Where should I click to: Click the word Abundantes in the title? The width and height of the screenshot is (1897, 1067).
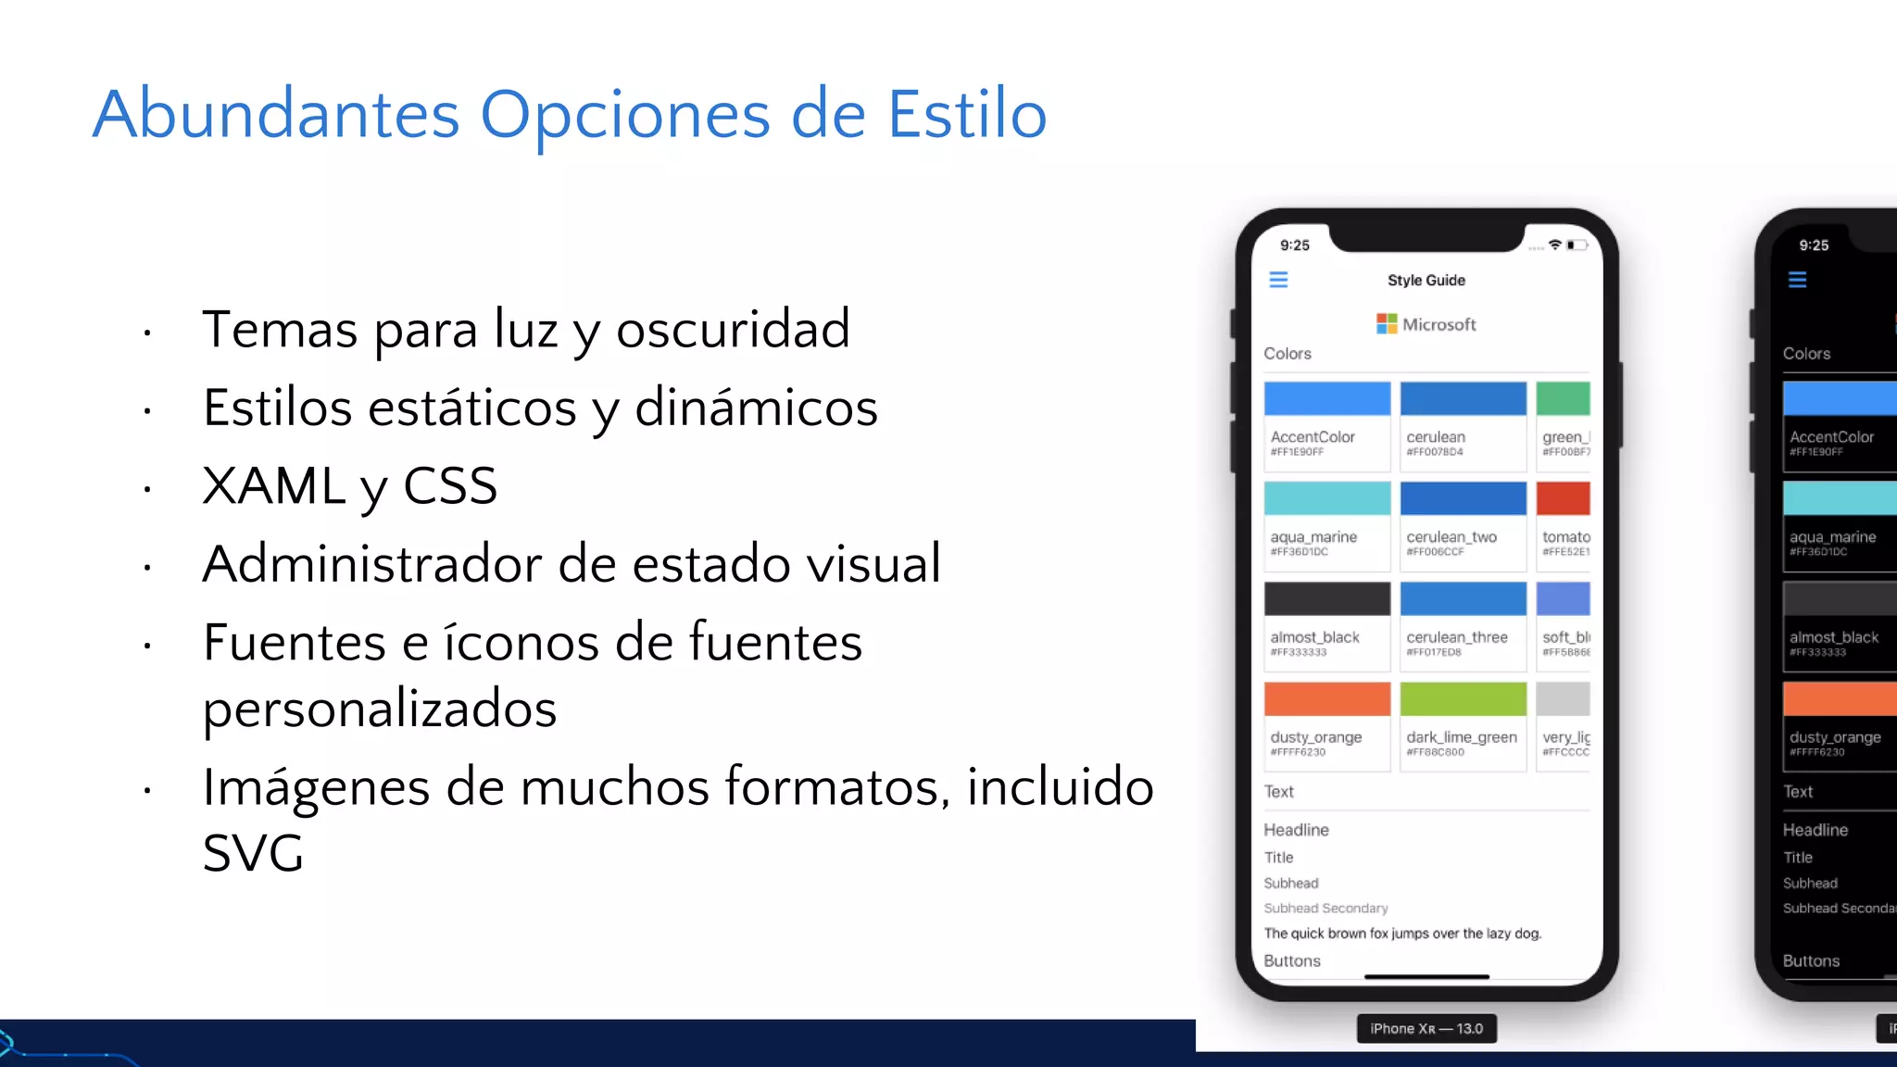tap(276, 115)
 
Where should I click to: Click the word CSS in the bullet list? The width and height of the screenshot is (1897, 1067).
tap(450, 485)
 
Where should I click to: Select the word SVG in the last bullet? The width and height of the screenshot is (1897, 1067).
tap(253, 853)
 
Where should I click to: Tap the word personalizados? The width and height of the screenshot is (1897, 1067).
tap(380, 709)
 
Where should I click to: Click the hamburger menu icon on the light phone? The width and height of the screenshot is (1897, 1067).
tap(1278, 280)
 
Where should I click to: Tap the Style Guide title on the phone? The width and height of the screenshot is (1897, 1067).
tap(1426, 281)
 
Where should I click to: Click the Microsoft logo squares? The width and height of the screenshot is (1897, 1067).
tap(1387, 323)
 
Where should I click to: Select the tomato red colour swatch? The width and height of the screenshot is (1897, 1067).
tap(1564, 498)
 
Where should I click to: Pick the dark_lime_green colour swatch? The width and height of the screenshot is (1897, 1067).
tap(1463, 699)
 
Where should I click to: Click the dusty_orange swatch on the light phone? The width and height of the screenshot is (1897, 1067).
tap(1326, 699)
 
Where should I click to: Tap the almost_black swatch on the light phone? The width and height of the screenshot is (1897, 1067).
tap(1326, 599)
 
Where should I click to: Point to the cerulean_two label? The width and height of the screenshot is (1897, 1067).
tap(1451, 537)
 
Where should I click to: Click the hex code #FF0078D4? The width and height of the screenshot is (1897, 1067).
tap(1435, 452)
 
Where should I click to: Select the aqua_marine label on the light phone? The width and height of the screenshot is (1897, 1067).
tap(1313, 537)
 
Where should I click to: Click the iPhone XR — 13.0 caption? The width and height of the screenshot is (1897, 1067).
tap(1426, 1029)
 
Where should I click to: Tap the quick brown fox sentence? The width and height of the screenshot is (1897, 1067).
tap(1402, 934)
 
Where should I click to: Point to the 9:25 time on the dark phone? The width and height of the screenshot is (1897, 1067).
tap(1814, 245)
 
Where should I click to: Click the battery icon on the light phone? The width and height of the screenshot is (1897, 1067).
tap(1577, 245)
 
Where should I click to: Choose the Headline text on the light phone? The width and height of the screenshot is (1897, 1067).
tap(1296, 830)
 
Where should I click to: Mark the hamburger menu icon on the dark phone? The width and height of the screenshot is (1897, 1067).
tap(1797, 280)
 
